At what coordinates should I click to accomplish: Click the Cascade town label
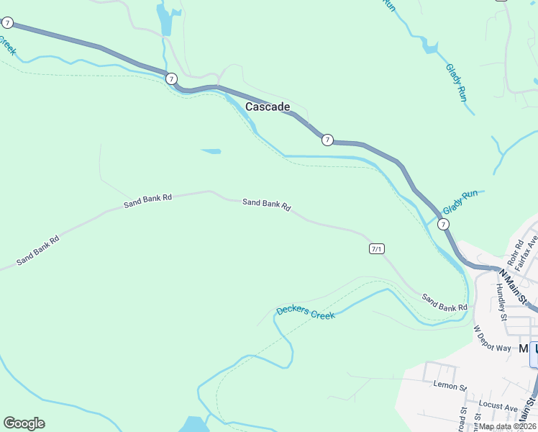(x=268, y=107)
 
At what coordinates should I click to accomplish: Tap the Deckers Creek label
(x=306, y=313)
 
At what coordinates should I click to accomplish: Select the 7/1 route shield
(x=376, y=248)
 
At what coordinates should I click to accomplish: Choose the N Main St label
(x=514, y=284)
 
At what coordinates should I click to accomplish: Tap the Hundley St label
(x=502, y=302)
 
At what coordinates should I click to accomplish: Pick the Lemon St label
(x=450, y=384)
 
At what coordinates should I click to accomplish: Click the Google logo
(x=24, y=423)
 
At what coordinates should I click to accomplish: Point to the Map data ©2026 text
(x=507, y=426)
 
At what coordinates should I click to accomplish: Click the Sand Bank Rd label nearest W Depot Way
(x=444, y=302)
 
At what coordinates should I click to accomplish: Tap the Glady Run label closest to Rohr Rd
(x=460, y=202)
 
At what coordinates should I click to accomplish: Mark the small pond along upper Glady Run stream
(x=430, y=48)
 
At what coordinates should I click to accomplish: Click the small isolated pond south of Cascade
(x=211, y=151)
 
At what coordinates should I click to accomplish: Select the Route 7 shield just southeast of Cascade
(x=327, y=140)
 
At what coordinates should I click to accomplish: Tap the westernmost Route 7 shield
(x=6, y=23)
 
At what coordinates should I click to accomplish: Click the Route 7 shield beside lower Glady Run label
(x=444, y=225)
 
